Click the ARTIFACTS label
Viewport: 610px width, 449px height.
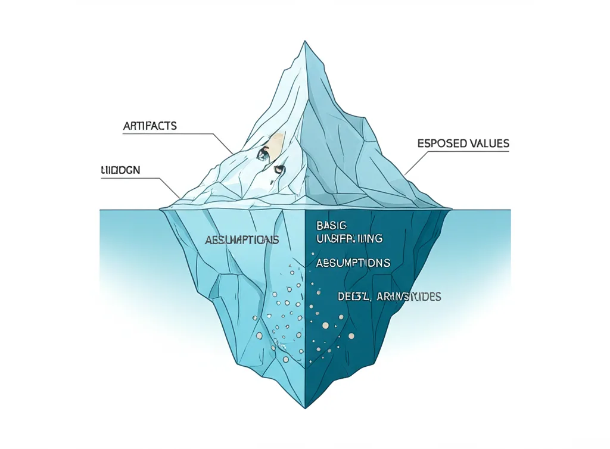[x=150, y=126]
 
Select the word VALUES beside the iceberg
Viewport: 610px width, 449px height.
[x=487, y=144]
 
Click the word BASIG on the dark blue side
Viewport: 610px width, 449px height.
[x=332, y=226]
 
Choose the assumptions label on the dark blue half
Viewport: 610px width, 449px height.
[x=353, y=263]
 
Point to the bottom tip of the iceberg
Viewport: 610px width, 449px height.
[x=305, y=408]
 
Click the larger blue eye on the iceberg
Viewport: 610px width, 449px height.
[x=262, y=155]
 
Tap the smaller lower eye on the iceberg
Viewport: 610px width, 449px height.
[x=278, y=170]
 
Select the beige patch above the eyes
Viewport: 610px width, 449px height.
[x=275, y=143]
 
